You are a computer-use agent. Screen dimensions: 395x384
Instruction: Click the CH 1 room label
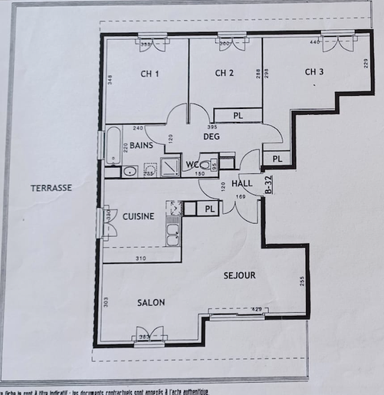(x=149, y=74)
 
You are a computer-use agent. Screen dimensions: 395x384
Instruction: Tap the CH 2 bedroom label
(x=224, y=74)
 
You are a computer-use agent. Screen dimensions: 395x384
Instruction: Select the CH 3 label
(x=314, y=72)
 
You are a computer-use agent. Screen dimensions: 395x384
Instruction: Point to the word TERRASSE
(x=51, y=188)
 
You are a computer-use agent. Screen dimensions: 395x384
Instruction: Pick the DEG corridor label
(x=212, y=137)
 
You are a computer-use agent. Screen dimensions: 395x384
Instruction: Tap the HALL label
(x=241, y=184)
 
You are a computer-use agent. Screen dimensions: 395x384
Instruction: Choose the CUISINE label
(x=139, y=216)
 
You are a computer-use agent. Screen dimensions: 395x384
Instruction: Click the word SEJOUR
(x=239, y=275)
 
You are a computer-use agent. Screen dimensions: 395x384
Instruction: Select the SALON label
(x=151, y=303)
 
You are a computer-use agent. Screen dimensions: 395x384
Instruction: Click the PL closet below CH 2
(x=238, y=115)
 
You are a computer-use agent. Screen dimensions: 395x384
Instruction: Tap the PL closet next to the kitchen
(x=208, y=208)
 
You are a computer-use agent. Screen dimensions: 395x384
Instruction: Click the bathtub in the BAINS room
(x=113, y=145)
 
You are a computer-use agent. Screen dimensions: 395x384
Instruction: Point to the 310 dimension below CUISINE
(x=140, y=258)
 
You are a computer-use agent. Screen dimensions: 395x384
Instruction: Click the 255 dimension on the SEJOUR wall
(x=302, y=281)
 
